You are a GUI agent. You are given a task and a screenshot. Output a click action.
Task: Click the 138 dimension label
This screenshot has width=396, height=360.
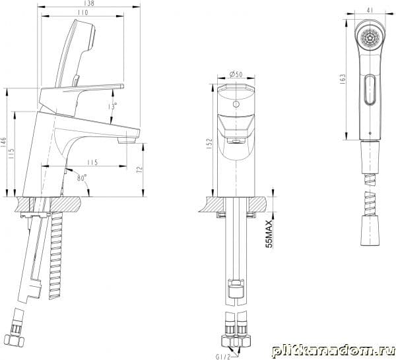point(89,3)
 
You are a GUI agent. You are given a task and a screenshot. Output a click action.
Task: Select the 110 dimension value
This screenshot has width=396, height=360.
point(82,12)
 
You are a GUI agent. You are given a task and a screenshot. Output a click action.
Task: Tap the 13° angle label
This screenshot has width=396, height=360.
point(112,105)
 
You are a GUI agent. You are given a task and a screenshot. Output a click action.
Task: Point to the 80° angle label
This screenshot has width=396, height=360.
point(82,177)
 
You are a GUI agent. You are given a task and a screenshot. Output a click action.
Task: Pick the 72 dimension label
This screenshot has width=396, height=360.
point(139,169)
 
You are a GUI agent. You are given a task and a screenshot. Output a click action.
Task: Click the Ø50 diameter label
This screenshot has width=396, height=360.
point(236,74)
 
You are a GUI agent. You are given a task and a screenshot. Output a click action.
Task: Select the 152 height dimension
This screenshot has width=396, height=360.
point(210,144)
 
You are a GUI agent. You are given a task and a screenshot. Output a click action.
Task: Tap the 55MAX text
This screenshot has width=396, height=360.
point(269,234)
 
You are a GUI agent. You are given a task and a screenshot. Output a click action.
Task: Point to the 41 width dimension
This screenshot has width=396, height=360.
point(370,10)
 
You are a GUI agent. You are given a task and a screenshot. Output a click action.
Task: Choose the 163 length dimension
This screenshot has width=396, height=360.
point(343,79)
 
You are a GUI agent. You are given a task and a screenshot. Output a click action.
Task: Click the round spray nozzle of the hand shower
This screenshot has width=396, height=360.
point(370,38)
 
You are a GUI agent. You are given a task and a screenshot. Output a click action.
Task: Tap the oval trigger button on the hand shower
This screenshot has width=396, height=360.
point(370,90)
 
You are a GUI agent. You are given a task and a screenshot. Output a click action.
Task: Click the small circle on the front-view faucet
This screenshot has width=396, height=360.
point(236,104)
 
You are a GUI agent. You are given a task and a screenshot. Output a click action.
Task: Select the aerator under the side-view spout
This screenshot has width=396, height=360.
point(127,140)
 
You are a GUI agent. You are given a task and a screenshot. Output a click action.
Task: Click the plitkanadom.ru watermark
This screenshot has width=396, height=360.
point(333,351)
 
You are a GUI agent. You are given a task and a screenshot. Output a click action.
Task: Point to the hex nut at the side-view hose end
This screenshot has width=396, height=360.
point(16,342)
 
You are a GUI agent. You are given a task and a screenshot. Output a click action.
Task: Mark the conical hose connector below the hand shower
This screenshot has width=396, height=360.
point(370,157)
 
